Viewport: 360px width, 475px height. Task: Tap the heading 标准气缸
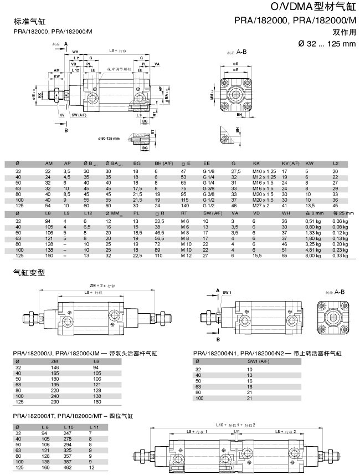click(28, 22)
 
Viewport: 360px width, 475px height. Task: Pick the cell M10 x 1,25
click(264, 172)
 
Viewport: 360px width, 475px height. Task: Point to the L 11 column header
click(95, 426)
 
